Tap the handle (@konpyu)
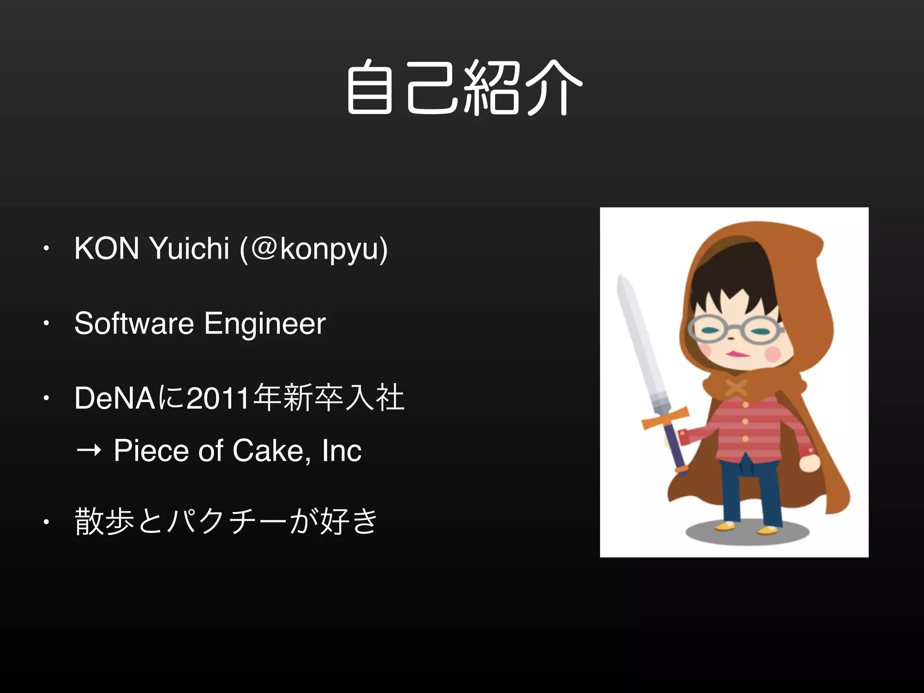click(314, 249)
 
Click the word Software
click(134, 323)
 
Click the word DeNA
click(115, 398)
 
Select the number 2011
click(218, 398)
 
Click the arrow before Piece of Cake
click(89, 450)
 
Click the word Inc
click(342, 450)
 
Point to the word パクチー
click(226, 522)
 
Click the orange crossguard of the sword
click(665, 418)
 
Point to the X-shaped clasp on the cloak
click(736, 387)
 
